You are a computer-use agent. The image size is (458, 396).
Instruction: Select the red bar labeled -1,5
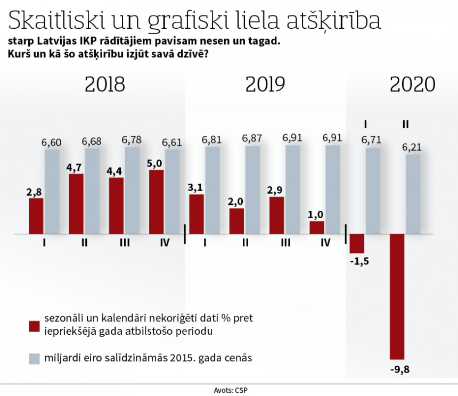(x=357, y=244)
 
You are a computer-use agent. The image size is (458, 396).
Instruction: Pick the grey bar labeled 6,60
(x=52, y=192)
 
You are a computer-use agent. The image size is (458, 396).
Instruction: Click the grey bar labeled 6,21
(x=413, y=194)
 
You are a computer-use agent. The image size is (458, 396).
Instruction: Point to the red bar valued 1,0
(x=317, y=227)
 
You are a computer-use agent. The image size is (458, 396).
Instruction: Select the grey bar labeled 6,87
(x=252, y=190)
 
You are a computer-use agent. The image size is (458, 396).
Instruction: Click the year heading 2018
(x=105, y=84)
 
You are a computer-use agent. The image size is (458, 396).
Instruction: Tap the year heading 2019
(x=265, y=84)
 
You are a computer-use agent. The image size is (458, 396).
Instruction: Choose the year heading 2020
(x=412, y=84)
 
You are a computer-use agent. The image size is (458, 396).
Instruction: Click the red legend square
(x=35, y=325)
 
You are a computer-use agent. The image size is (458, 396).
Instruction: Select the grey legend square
(x=35, y=359)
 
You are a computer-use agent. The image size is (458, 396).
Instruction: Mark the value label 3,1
(x=197, y=187)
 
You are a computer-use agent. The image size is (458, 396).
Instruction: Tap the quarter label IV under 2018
(x=165, y=243)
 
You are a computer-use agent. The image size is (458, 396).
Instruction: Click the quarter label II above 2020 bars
(x=405, y=125)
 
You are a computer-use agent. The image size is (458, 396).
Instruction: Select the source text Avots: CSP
(x=229, y=390)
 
